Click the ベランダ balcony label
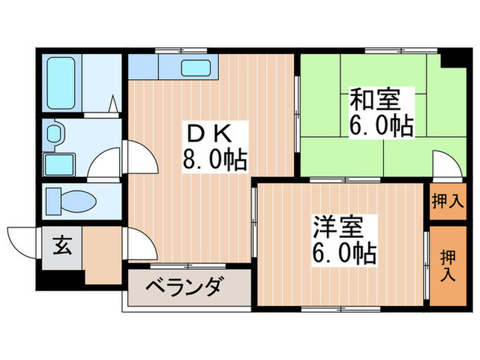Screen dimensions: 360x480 pos(184,285)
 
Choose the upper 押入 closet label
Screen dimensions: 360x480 pos(448,202)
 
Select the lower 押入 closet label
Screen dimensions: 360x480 pos(448,265)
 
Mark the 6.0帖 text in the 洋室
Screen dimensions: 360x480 pos(344,254)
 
